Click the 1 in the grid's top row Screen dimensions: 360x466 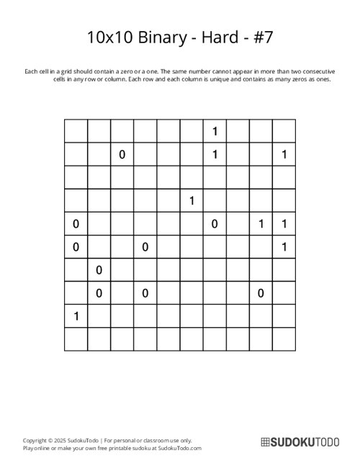[x=215, y=131]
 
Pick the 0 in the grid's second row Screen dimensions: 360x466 [x=122, y=154]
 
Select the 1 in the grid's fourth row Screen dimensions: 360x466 [x=192, y=201]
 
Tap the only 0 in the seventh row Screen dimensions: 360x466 [x=99, y=270]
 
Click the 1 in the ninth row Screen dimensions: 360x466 [x=76, y=316]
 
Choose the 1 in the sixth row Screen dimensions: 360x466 [x=284, y=247]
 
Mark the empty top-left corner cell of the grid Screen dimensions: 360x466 [x=76, y=131]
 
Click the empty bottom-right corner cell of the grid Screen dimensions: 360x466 [x=284, y=339]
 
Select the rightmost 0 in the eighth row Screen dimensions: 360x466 [x=261, y=293]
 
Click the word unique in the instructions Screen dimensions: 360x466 [x=223, y=79]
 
